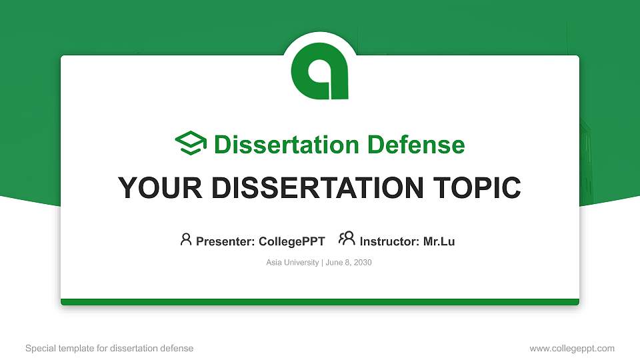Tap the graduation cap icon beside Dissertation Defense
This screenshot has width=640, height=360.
click(x=191, y=144)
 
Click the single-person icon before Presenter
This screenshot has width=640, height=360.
click(x=186, y=239)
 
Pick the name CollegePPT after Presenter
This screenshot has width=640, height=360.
click(x=291, y=241)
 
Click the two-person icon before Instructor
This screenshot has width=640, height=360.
click(x=347, y=239)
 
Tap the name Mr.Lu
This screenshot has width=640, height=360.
click(x=439, y=241)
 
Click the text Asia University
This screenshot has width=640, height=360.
click(x=293, y=263)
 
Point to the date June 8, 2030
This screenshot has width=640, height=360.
click(x=349, y=263)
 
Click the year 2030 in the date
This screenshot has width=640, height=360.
click(x=363, y=263)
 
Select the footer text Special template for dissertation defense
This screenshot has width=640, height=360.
click(x=109, y=348)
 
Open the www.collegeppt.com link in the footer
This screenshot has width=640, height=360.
click(x=572, y=348)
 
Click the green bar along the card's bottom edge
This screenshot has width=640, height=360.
click(x=320, y=302)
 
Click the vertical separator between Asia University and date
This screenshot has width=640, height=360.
click(x=322, y=263)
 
